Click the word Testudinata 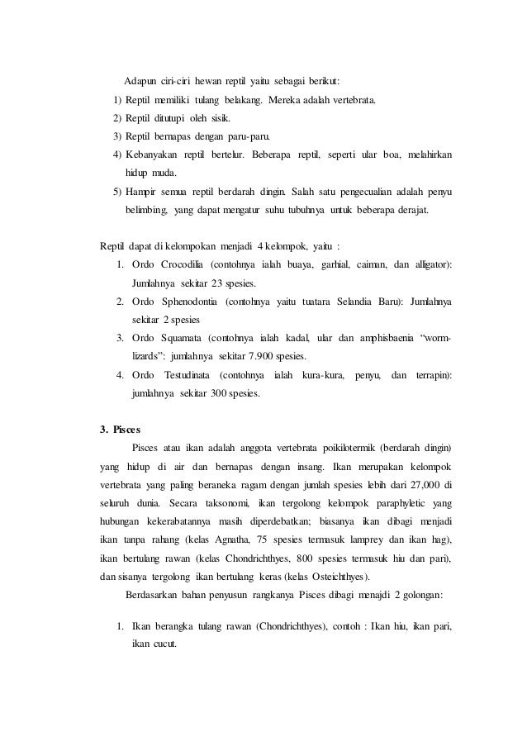[x=189, y=375]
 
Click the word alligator [x=432, y=264]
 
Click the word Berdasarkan [x=150, y=594]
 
